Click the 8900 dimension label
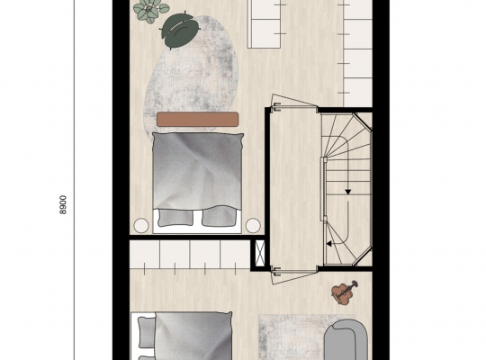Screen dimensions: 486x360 63,204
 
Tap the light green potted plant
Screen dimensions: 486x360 147,9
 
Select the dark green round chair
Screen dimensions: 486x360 180,31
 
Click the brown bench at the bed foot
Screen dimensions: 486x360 197,120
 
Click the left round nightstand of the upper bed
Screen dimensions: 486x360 141,225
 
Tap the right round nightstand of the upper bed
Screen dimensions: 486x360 253,225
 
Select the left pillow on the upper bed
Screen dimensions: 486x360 175,218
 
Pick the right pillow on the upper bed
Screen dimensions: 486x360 219,217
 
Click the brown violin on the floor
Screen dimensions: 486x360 344,292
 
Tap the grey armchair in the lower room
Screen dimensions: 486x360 346,340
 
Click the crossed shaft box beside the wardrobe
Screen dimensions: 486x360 260,253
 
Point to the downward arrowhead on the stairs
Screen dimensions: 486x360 347,193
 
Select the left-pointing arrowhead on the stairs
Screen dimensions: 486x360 329,244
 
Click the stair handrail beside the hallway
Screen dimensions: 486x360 324,189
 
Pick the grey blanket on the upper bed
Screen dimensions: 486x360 197,171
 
